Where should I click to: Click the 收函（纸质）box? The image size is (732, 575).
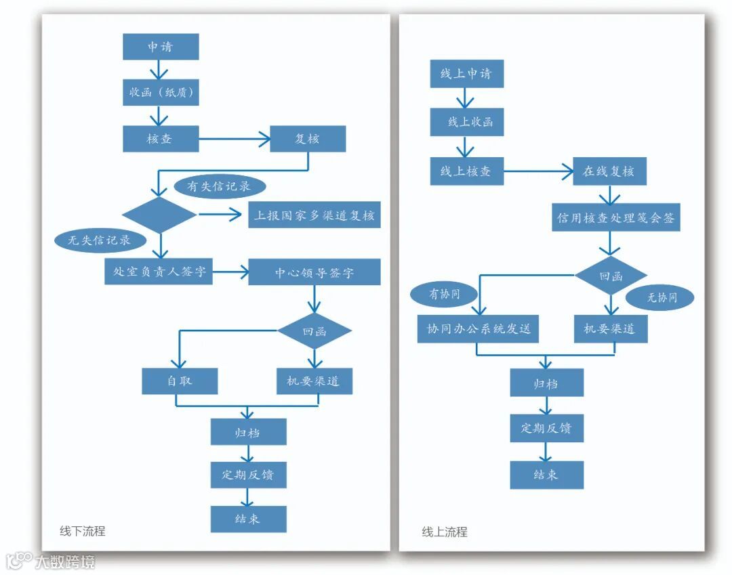click(161, 93)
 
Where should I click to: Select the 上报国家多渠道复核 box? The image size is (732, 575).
click(314, 215)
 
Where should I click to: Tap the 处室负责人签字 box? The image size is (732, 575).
click(159, 272)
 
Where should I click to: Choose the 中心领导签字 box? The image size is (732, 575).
click(314, 272)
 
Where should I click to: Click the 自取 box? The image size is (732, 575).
click(180, 381)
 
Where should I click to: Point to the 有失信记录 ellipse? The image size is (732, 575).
click(219, 186)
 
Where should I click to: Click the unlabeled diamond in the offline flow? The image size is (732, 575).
click(159, 215)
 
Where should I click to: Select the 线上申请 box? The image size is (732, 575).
click(466, 74)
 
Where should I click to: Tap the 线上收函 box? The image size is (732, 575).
click(466, 123)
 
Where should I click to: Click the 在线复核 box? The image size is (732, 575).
click(609, 171)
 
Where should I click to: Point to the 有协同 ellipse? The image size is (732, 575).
click(444, 294)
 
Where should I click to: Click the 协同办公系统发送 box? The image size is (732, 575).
click(478, 329)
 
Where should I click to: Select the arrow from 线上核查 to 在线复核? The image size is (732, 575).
click(538, 171)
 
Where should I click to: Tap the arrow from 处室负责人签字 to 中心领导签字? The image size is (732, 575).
click(230, 272)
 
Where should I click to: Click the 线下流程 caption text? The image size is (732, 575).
click(83, 531)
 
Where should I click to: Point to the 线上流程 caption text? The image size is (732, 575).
click(445, 532)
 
